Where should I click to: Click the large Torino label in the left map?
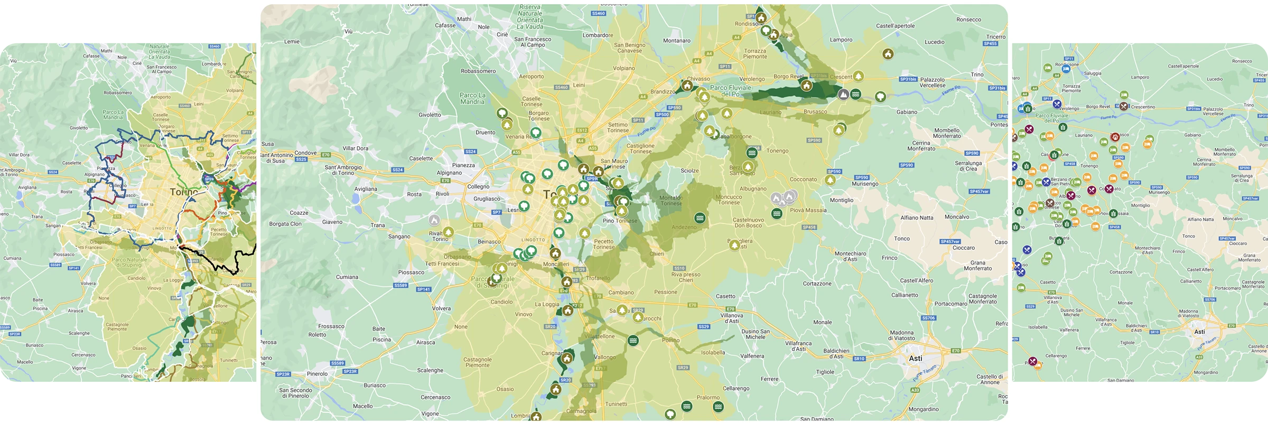point(183,192)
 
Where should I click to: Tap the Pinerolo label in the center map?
point(317,374)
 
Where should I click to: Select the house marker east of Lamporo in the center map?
point(888,54)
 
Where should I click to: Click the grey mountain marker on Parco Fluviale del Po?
point(844,95)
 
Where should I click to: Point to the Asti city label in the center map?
point(916,358)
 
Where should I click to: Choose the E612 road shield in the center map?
point(582,130)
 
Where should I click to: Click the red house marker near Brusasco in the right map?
point(1115,137)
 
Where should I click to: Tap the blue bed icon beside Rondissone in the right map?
point(1066,69)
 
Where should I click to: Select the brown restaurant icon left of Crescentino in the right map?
point(1124,106)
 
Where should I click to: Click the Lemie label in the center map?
point(292,42)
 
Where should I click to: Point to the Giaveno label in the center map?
point(332,222)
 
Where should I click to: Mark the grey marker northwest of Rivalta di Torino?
point(434,220)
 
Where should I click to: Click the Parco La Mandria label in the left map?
point(113,115)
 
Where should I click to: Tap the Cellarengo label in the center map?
point(736,389)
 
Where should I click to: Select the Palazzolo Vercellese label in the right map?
point(1213,111)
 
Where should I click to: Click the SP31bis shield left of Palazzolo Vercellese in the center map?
point(908,79)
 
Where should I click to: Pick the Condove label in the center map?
point(305,153)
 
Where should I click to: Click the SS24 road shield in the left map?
point(52,172)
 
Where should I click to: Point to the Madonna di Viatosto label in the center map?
point(902,336)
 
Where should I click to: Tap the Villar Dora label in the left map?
point(19,155)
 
